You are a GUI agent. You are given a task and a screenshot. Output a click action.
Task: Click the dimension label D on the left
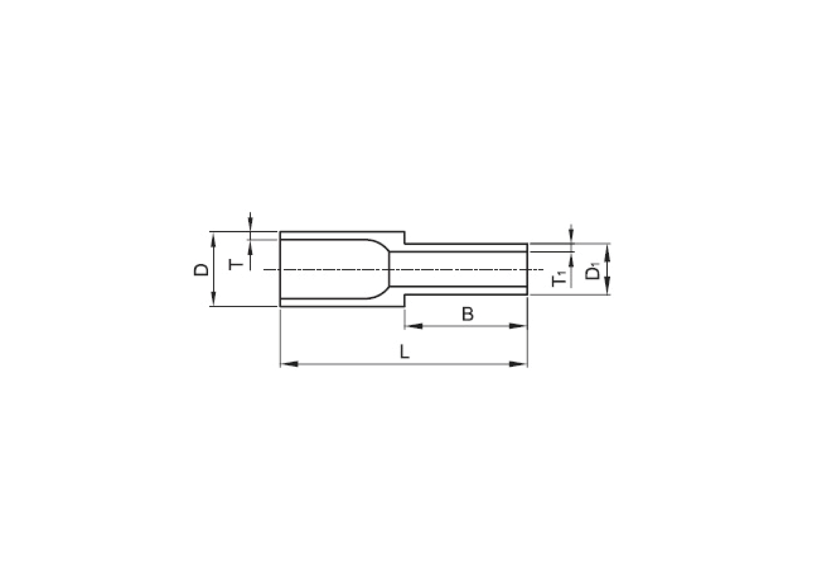201,270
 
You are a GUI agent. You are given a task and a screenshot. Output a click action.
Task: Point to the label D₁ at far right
593,272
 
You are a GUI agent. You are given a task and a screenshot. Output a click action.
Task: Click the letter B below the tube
468,314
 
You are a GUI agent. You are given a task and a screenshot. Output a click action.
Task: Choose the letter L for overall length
404,352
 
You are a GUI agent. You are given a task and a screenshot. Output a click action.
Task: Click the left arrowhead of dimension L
289,364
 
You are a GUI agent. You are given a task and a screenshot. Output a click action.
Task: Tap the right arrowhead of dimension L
518,364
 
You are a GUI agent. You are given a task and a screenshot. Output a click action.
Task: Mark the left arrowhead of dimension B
414,326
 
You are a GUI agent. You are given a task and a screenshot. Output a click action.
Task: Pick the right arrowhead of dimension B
518,326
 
